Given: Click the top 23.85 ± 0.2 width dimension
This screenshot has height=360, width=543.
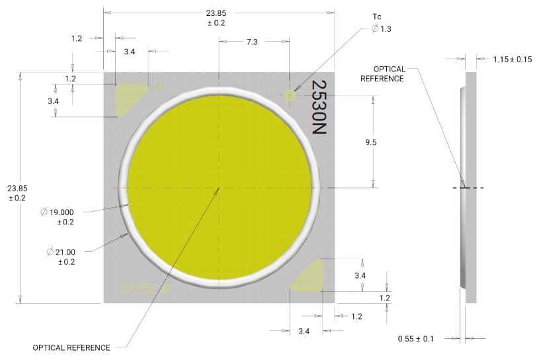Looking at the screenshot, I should click(216, 17).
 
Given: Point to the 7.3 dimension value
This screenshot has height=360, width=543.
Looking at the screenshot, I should click(252, 42).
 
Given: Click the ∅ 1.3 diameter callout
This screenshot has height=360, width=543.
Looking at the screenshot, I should click(381, 28).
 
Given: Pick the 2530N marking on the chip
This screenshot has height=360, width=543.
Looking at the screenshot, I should click(319, 109).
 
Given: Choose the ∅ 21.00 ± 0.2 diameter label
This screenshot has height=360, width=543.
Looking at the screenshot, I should click(63, 257).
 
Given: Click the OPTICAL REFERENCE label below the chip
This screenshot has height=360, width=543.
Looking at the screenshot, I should click(71, 347).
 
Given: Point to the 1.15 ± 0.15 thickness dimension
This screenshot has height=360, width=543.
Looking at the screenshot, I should click(512, 60).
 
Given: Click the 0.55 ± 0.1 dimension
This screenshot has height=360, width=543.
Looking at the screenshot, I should click(416, 339).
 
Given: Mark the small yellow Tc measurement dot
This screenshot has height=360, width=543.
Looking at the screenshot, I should click(290, 95).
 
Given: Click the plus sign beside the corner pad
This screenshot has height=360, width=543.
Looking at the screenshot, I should click(158, 87).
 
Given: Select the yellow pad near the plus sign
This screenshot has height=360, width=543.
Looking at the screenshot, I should click(129, 99).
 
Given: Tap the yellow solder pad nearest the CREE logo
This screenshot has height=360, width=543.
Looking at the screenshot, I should click(308, 276).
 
